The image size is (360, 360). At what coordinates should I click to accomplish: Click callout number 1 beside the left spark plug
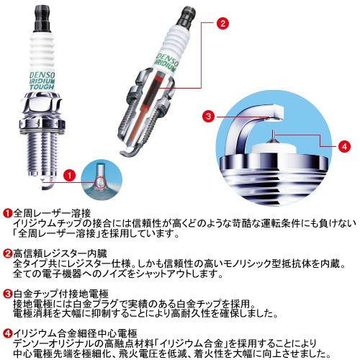[x=69, y=175]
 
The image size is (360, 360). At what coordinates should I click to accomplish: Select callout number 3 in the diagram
[x=207, y=115]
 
